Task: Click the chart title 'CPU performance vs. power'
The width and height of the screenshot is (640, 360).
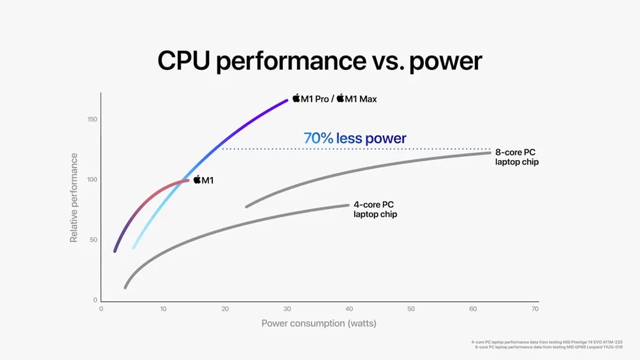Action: click(x=319, y=61)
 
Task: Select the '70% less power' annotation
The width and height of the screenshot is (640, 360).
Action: click(x=355, y=139)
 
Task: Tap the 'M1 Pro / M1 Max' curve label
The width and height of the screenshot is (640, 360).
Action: click(x=334, y=99)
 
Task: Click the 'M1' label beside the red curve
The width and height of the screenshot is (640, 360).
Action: click(x=203, y=180)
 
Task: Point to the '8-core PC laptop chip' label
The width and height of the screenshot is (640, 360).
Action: click(x=517, y=157)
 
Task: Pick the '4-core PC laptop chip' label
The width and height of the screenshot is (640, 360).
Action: click(x=375, y=209)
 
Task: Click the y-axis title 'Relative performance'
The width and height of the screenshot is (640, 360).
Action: click(x=74, y=198)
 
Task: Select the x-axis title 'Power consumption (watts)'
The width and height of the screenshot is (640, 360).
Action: click(x=319, y=323)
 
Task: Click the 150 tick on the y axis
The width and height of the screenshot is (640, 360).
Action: click(x=91, y=120)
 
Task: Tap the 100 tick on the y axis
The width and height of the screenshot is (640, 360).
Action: click(x=91, y=180)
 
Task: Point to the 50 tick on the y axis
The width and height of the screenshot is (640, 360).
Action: click(x=93, y=240)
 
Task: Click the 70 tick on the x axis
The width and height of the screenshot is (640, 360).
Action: click(x=535, y=308)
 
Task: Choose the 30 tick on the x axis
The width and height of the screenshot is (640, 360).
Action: click(x=287, y=308)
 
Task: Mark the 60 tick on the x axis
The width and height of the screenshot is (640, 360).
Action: click(x=473, y=308)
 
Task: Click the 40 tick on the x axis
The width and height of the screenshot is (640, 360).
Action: click(x=349, y=308)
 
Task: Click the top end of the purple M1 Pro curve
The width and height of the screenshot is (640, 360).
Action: click(x=287, y=100)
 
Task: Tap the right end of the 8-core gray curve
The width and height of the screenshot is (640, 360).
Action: click(x=489, y=152)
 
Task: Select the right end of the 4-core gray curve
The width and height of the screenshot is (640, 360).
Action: click(x=348, y=205)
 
